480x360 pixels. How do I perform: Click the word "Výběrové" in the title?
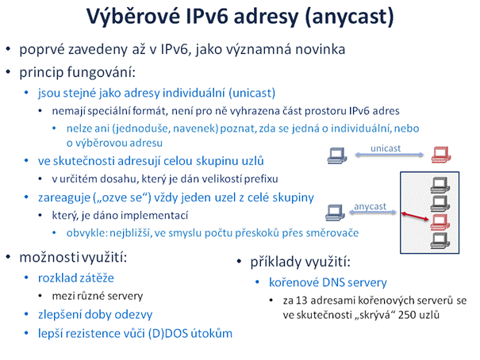132,16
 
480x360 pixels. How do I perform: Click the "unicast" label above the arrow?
386,148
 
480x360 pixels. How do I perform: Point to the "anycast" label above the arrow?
370,206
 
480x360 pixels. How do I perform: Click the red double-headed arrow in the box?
415,216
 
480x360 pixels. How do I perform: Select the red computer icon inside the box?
440,222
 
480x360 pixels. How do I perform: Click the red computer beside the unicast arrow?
441,155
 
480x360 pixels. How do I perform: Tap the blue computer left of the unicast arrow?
336,155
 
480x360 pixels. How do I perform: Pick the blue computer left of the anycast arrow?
335,213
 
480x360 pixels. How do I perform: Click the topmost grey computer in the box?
440,186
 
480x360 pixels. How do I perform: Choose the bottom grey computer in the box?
440,240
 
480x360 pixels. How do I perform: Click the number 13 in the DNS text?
301,301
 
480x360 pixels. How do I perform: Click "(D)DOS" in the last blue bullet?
167,333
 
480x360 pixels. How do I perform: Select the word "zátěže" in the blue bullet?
96,278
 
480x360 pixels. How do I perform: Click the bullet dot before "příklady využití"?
240,262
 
